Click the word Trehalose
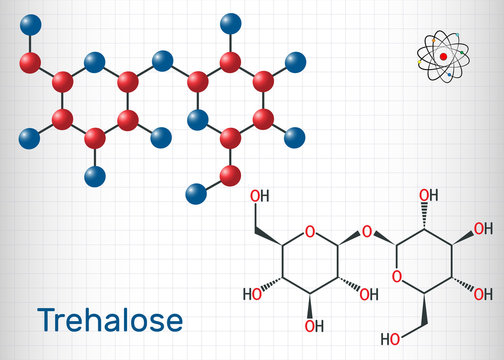pos(109,320)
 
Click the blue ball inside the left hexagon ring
pos(94,63)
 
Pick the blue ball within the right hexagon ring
pos(198,119)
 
